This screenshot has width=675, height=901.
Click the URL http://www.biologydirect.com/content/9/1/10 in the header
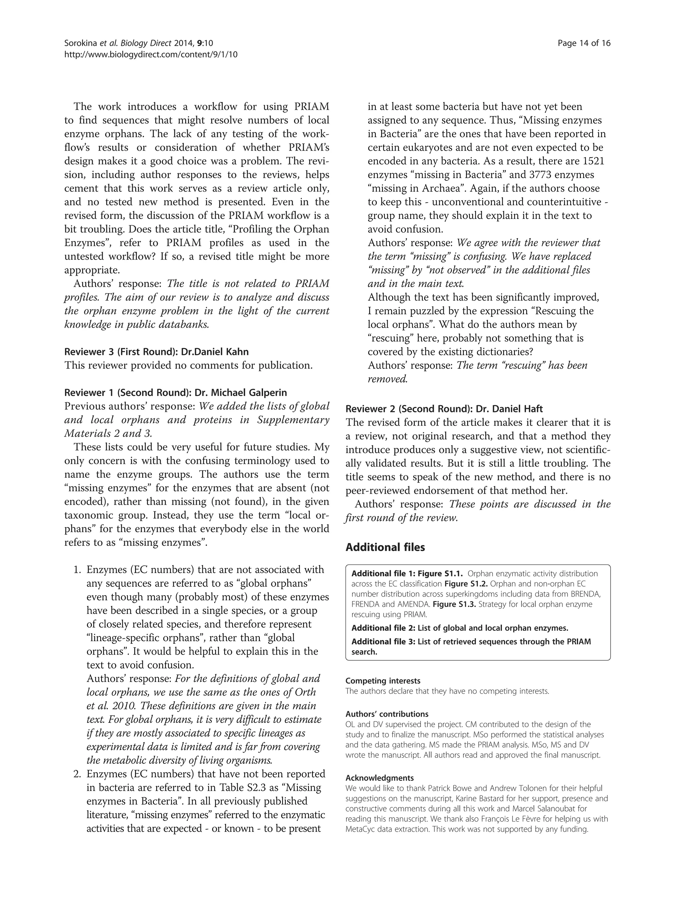[151, 54]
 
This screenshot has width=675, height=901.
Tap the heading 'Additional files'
[385, 547]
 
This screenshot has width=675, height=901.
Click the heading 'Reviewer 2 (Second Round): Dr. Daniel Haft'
[444, 408]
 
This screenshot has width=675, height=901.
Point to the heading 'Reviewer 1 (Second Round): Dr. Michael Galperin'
[175, 393]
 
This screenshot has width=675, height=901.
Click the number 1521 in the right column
[593, 161]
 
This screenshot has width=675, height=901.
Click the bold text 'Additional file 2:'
[383, 628]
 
